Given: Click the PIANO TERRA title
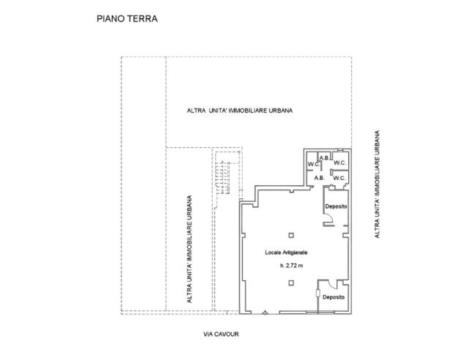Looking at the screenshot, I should (x=127, y=19).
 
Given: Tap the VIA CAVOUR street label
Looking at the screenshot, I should (x=222, y=334).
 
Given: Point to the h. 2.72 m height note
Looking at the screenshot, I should (x=290, y=266).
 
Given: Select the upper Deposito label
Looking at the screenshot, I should (x=336, y=206).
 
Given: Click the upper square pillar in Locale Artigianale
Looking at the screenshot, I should (x=290, y=234).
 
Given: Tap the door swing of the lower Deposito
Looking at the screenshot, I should (x=331, y=285).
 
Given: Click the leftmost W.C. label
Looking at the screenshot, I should (x=312, y=163).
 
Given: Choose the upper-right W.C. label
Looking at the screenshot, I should (x=339, y=162).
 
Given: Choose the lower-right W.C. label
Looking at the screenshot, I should (x=339, y=177).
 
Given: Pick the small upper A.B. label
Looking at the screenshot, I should (x=323, y=157).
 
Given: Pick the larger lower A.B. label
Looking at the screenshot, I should (x=319, y=178).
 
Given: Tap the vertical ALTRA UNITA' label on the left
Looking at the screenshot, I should (x=190, y=249).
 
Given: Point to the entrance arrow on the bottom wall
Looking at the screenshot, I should (x=265, y=312).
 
